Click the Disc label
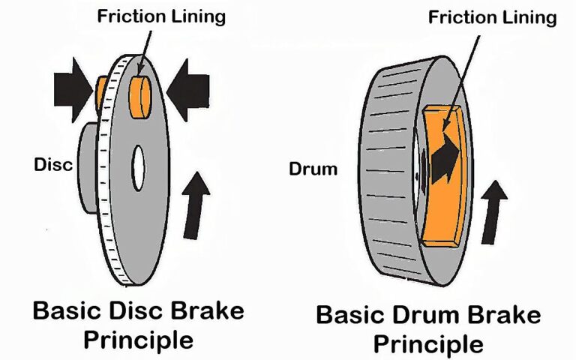coord(53,165)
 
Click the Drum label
coord(313,169)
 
